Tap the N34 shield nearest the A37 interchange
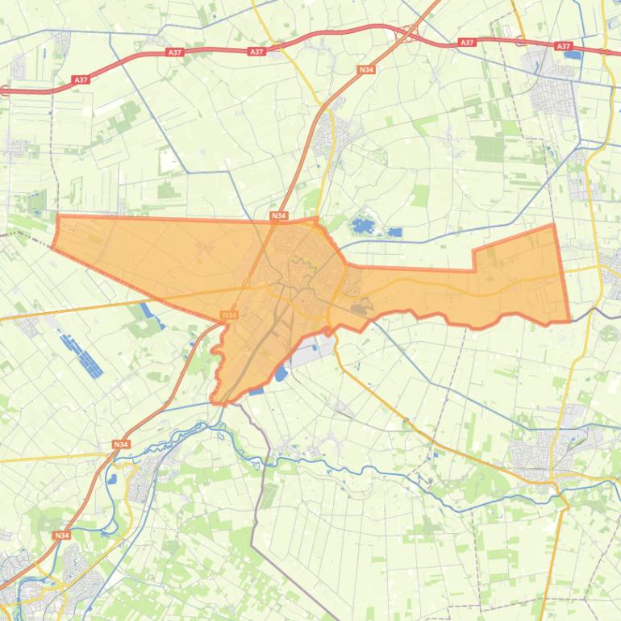click(x=366, y=70)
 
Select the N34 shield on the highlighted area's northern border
click(x=278, y=215)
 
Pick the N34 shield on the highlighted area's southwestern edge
click(x=229, y=315)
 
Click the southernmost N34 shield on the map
click(x=61, y=535)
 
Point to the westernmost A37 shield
click(x=80, y=80)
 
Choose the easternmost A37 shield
click(x=563, y=47)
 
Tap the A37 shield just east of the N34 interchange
click(x=466, y=42)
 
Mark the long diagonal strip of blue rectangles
click(x=81, y=355)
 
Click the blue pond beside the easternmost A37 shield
click(x=573, y=55)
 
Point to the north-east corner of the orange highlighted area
click(x=553, y=225)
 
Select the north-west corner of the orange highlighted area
click(x=58, y=216)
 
